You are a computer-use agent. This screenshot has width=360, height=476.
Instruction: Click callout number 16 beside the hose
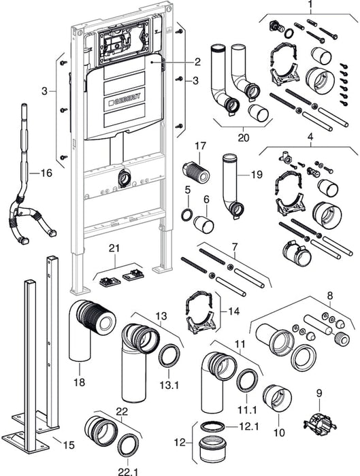(x=44, y=173)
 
